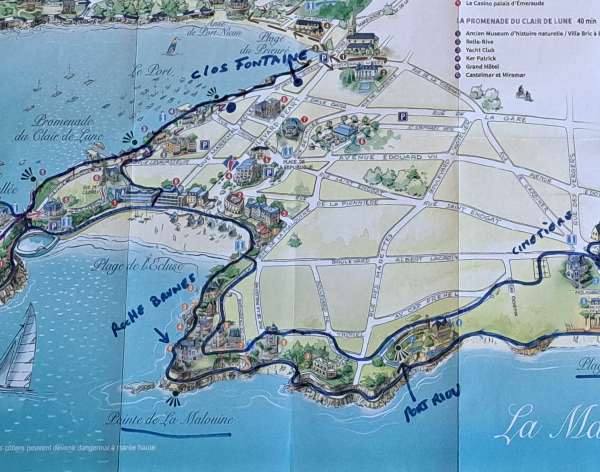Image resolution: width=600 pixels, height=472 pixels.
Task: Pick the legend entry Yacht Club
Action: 480,50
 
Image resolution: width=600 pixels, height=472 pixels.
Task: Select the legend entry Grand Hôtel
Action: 480,67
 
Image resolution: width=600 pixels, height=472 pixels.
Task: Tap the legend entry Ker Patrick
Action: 481,58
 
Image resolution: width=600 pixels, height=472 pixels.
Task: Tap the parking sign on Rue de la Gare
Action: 402,116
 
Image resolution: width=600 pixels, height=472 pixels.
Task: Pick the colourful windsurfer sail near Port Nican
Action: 173,45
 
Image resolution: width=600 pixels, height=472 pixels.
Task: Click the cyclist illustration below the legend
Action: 523,92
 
